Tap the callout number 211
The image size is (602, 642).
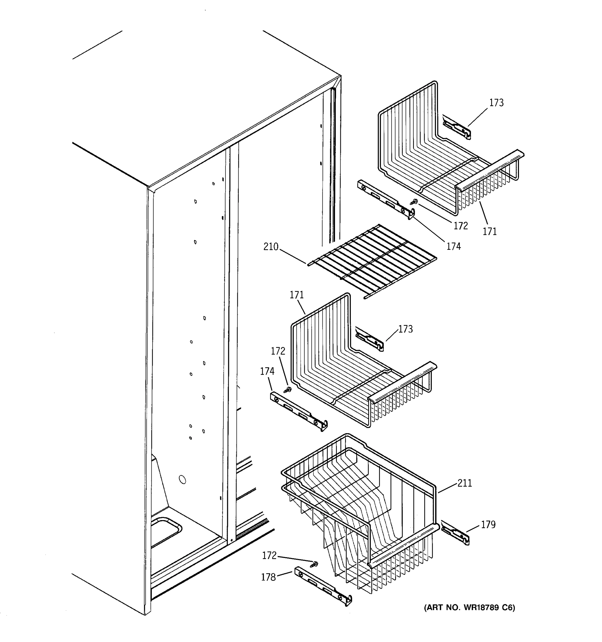464,483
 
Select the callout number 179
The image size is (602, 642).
488,525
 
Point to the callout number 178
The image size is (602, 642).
268,577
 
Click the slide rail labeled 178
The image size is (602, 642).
323,586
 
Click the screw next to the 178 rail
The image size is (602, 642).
314,564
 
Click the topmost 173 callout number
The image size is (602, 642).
496,103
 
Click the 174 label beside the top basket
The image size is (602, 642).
454,246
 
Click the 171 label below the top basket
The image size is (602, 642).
490,231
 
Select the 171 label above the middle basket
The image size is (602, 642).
296,295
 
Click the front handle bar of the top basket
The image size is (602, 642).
490,169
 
